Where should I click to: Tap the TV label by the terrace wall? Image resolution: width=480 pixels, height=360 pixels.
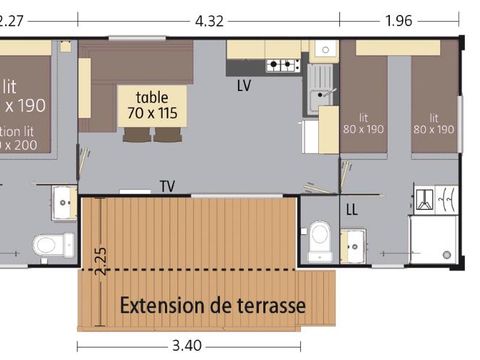[x=168, y=186]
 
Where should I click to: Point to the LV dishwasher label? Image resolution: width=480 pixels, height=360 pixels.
[x=244, y=86]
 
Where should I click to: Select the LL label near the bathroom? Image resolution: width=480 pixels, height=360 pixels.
[x=352, y=209]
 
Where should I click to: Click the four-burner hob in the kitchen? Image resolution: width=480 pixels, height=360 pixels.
[x=283, y=66]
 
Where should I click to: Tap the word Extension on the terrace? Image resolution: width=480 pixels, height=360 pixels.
[x=170, y=303]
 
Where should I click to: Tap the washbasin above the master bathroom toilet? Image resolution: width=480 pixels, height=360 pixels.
[x=64, y=202]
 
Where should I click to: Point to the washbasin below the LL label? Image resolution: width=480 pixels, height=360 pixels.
[x=352, y=242]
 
